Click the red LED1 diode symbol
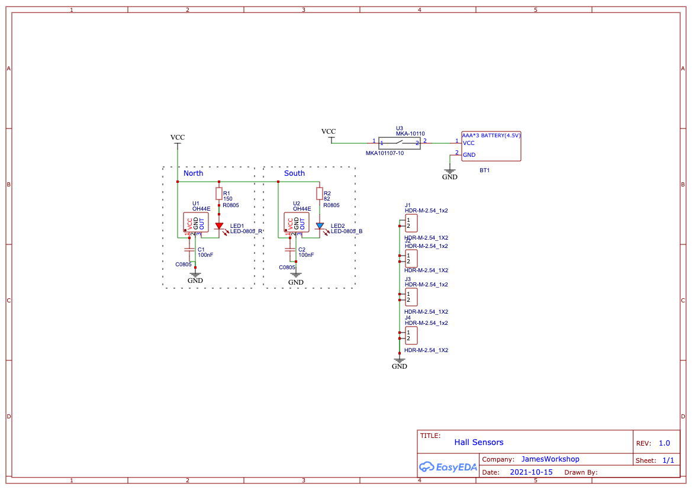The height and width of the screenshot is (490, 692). [219, 226]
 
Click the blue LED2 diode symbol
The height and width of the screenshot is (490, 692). [320, 226]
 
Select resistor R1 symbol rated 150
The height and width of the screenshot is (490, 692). [219, 194]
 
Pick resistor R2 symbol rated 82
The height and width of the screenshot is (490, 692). [320, 194]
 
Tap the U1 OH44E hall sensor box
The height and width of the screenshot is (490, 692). [196, 223]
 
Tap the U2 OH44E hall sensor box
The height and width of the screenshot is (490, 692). [297, 223]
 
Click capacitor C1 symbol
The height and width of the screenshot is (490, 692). [189, 250]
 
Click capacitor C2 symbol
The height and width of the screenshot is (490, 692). [290, 250]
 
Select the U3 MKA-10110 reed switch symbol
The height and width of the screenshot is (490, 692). [400, 143]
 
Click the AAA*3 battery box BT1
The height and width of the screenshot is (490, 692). [491, 146]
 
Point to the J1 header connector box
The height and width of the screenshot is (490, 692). [411, 223]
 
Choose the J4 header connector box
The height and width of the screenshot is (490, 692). [411, 336]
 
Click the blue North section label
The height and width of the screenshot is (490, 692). [193, 173]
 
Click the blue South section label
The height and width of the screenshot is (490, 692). [294, 173]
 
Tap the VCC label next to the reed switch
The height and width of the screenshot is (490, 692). [329, 131]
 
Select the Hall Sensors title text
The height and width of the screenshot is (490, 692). [479, 442]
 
